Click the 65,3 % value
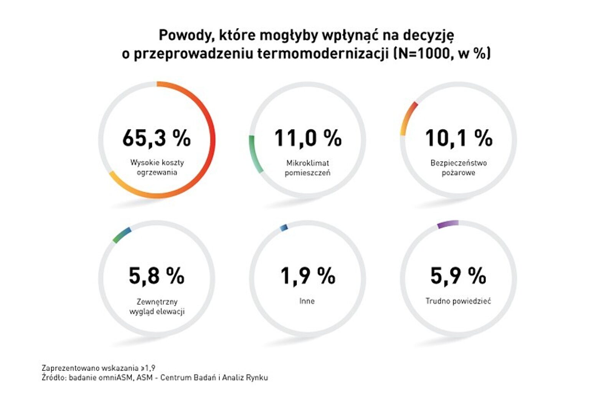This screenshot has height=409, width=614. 157,138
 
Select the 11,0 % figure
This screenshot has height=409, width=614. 308,138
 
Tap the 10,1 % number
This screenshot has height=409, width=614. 459,138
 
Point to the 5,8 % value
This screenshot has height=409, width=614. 157,276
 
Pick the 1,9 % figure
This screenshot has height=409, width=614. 308,276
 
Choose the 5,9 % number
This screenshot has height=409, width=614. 459,276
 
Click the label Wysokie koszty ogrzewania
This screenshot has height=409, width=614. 157,168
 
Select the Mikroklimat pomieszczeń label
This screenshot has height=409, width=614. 307,168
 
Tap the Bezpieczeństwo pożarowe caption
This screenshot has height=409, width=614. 459,168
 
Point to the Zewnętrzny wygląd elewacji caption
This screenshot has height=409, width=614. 157,307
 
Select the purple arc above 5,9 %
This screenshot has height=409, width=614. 447,224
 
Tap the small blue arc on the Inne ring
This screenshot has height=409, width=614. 284,228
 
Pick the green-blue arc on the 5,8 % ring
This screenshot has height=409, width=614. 122,235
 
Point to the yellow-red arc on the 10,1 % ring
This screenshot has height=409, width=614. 408,117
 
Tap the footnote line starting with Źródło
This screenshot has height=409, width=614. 155,378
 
